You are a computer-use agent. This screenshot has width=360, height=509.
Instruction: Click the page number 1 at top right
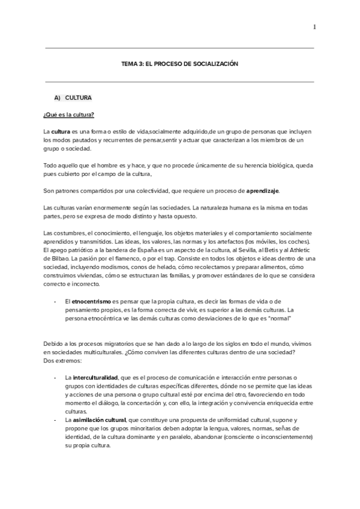pyautogui.click(x=314, y=26)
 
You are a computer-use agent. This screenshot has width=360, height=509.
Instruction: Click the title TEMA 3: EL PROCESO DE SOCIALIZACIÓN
pyautogui.click(x=179, y=64)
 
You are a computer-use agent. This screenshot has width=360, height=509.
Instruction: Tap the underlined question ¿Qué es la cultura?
pyautogui.click(x=69, y=114)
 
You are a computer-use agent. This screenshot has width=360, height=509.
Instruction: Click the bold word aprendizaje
pyautogui.click(x=262, y=191)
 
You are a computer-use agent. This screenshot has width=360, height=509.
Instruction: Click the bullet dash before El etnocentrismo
pyautogui.click(x=55, y=300)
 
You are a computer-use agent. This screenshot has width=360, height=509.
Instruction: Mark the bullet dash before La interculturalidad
pyautogui.click(x=55, y=377)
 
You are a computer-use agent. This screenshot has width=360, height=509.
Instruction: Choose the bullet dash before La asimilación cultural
pyautogui.click(x=55, y=421)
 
